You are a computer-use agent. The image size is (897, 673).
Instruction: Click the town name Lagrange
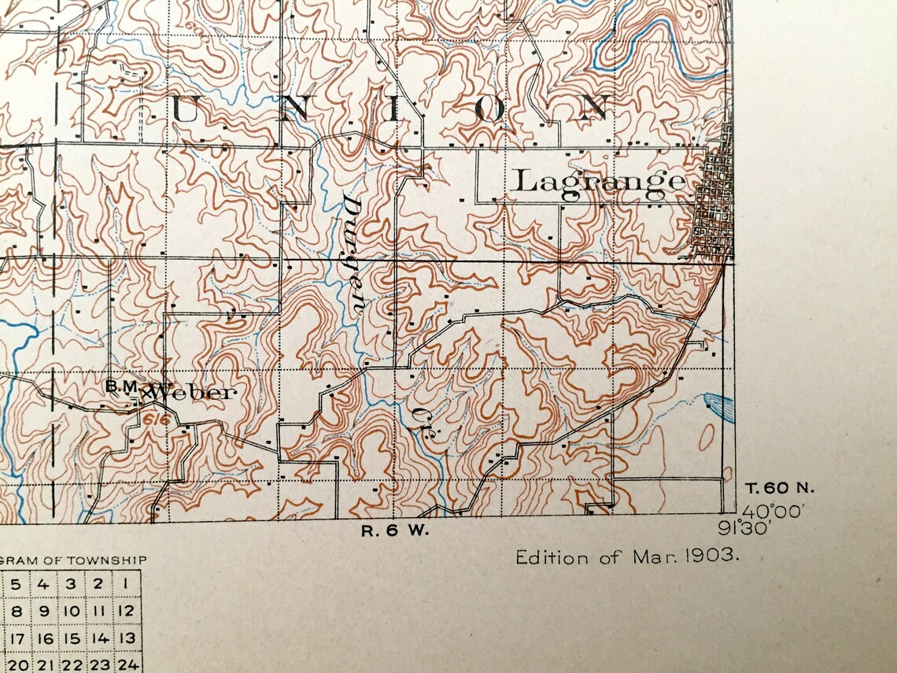pos(599,182)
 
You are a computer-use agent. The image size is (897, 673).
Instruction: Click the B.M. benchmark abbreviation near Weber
pos(122,386)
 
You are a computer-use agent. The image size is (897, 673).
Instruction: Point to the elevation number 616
pos(157,420)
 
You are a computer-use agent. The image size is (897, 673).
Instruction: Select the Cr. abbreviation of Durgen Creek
pos(419,416)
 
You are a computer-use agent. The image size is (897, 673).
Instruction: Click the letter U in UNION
pos(185,109)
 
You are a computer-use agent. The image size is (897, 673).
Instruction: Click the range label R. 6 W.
pos(395,531)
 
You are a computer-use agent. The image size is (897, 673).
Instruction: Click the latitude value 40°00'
pos(773,510)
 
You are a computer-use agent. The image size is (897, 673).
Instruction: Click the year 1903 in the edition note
pos(711,557)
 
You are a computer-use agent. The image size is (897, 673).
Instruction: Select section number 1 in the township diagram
pos(125,584)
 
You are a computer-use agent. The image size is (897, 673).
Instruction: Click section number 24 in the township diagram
pos(125,665)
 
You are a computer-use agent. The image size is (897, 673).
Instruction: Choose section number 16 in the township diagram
pos(45,638)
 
